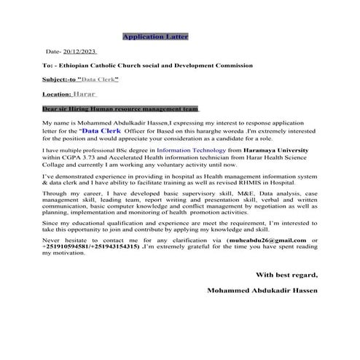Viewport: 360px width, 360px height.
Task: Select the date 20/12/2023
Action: pos(80,52)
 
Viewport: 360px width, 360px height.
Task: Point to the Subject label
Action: pos(58,79)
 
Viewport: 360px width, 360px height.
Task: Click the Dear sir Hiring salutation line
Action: pos(120,108)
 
